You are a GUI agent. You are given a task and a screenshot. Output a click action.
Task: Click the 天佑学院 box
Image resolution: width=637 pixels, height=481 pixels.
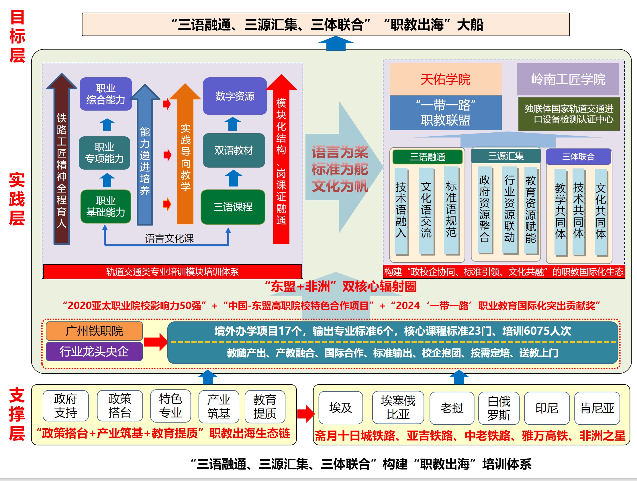[x=445, y=79]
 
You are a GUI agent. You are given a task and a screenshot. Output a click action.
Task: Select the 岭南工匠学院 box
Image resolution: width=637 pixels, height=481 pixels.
[x=568, y=79]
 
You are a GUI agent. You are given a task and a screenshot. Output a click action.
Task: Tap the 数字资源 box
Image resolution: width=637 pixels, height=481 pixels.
[x=235, y=96]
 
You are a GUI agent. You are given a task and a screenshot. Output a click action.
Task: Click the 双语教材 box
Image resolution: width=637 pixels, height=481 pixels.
[x=234, y=150]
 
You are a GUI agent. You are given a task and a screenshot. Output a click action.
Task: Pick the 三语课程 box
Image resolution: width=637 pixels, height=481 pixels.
[x=233, y=207]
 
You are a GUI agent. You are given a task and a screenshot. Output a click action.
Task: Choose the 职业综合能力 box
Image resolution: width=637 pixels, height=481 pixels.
[x=106, y=94]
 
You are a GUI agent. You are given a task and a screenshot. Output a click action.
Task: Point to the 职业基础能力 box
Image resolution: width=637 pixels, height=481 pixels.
[x=106, y=206]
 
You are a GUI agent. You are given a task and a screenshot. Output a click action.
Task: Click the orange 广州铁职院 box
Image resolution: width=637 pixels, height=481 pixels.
[x=94, y=331]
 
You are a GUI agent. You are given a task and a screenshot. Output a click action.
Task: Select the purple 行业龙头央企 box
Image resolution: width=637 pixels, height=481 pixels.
[x=94, y=351]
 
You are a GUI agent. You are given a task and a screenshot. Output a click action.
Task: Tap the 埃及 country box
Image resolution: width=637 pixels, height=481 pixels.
[x=340, y=408]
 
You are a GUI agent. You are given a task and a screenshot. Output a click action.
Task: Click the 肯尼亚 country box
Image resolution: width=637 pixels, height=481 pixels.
[x=597, y=408]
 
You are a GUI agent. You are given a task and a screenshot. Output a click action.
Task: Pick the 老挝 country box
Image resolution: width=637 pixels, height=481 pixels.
[x=452, y=408]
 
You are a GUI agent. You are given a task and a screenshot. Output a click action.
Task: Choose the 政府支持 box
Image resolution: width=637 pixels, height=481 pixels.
[x=66, y=406]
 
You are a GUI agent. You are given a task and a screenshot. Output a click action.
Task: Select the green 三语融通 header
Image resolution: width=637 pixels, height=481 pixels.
[x=427, y=157]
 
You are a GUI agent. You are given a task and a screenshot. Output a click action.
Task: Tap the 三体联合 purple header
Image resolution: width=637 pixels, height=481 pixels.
[x=578, y=157]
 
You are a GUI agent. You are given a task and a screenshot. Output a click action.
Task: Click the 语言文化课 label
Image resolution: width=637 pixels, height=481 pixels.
[x=169, y=238]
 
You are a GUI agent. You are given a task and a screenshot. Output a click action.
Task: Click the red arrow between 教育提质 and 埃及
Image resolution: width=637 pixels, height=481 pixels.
[x=305, y=414]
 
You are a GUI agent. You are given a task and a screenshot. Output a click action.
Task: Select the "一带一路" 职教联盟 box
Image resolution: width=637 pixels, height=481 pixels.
[x=445, y=113]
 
